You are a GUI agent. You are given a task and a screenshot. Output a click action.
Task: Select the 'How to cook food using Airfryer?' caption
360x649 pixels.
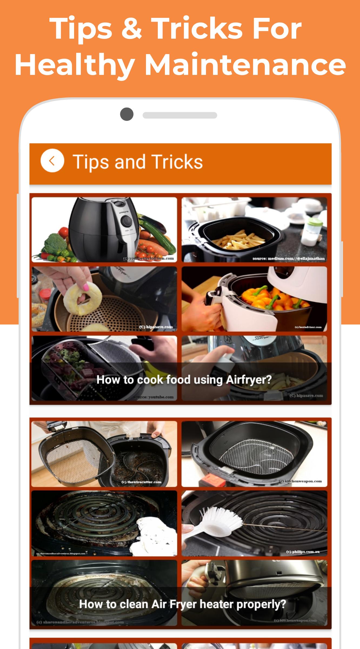[184, 380]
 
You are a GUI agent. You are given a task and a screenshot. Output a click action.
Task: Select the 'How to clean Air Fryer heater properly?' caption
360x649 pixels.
[182, 604]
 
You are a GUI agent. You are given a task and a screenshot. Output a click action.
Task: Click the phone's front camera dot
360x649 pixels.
[127, 114]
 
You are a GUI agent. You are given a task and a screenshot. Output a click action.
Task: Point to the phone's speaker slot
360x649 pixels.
[180, 115]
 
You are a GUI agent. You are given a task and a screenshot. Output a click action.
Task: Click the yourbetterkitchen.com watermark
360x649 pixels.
[148, 258]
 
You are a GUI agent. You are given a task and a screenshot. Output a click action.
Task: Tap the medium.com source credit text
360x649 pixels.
[288, 259]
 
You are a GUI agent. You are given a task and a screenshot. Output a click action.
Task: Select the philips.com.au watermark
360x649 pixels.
[303, 552]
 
